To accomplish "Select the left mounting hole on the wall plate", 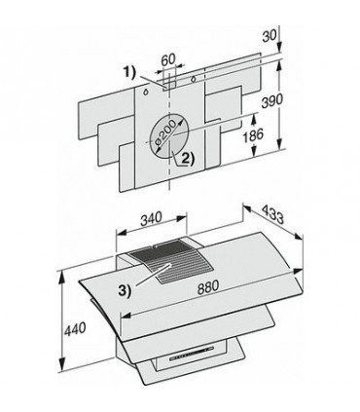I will tap(146, 88).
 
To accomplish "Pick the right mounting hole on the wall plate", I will tap(194, 78).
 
